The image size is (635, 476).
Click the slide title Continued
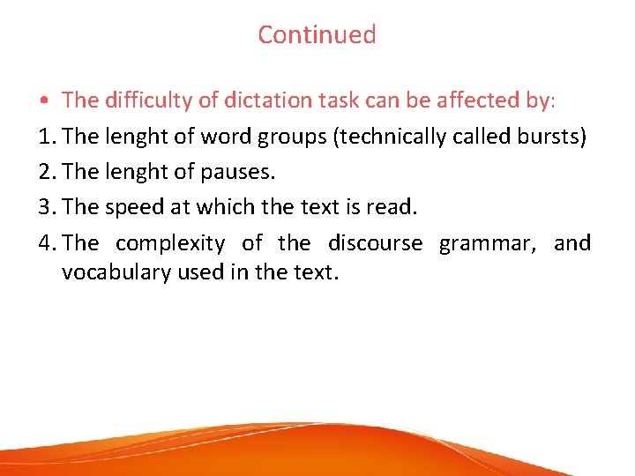[317, 35]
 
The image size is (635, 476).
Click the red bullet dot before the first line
[42, 101]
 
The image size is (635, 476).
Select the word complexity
[170, 243]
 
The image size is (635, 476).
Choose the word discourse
[376, 242]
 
